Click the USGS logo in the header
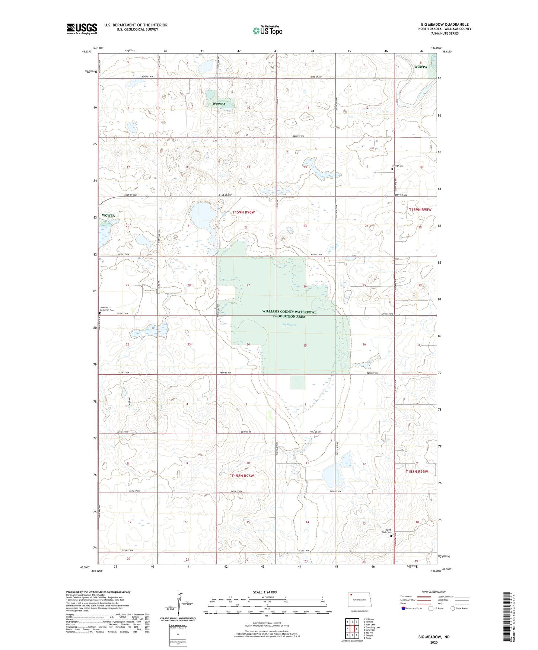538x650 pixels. point(82,29)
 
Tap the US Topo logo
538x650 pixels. point(267,30)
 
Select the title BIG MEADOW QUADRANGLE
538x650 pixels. point(445,24)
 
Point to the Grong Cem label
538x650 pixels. point(397,166)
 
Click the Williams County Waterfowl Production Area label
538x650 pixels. point(289,314)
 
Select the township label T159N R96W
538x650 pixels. point(243,212)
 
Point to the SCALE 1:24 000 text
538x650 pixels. point(265,592)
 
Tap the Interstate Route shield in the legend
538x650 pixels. point(404,608)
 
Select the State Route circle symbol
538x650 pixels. point(453,608)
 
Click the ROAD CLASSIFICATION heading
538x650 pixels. point(434,592)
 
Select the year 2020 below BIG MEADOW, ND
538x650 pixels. point(433,642)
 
